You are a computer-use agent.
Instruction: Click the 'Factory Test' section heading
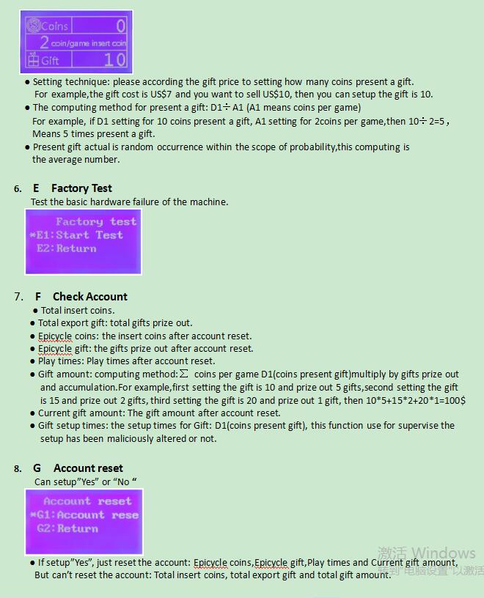click(x=81, y=188)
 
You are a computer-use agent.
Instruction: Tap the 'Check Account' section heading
click(x=89, y=297)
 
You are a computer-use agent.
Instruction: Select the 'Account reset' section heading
click(x=88, y=468)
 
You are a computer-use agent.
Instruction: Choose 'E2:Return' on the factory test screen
click(x=67, y=248)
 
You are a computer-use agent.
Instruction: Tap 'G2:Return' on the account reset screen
click(x=67, y=528)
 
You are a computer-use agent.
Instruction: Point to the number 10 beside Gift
click(x=114, y=59)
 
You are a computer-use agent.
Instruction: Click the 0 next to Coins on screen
click(x=120, y=26)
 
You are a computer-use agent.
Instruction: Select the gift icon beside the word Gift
click(x=33, y=59)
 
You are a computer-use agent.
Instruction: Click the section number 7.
click(x=18, y=297)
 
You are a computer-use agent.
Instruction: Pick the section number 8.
click(x=18, y=469)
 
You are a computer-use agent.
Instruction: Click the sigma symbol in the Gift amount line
click(x=183, y=374)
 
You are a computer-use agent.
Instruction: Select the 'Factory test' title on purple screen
click(x=96, y=221)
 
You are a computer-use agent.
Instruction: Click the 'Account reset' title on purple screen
click(x=87, y=501)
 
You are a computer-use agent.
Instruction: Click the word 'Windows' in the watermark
click(x=444, y=553)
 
